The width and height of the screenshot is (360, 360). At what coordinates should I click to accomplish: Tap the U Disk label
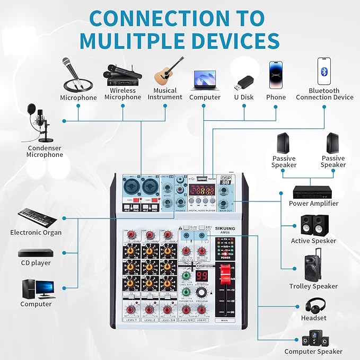[x=244, y=97]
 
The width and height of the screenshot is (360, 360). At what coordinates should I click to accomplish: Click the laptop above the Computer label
[x=205, y=80]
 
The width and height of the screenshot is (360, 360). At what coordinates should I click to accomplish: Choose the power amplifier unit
[x=312, y=191]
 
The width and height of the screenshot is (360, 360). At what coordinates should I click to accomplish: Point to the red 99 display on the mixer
[x=202, y=276]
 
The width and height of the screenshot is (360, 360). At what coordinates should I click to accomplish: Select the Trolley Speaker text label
[x=313, y=286]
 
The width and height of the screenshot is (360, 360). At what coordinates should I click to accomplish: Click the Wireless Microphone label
[x=123, y=94]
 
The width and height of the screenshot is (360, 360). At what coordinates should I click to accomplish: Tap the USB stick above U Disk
[x=244, y=82]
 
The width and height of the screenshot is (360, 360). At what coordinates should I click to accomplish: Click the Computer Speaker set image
[x=313, y=338]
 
